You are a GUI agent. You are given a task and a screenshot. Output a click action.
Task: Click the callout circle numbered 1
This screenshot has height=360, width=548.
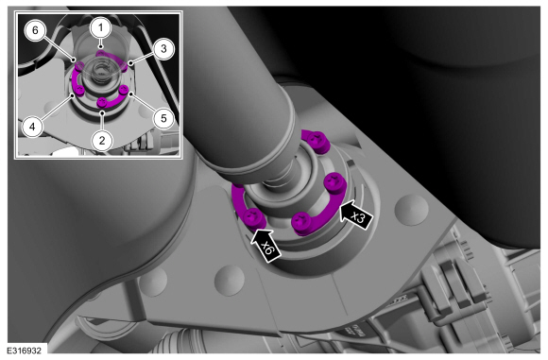tap(101, 27)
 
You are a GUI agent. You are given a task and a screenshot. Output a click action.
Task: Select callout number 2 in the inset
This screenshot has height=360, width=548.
tap(102, 140)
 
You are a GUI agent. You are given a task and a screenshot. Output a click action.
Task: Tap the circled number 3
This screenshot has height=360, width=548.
tap(163, 49)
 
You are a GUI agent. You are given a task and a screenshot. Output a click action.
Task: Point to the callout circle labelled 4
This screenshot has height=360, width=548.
tap(32, 127)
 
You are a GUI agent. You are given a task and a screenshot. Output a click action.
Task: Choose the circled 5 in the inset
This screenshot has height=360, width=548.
tap(163, 118)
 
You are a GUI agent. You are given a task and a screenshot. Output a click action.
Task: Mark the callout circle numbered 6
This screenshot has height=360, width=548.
tap(35, 30)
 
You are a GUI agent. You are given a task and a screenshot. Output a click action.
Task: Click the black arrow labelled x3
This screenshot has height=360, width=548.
tap(357, 214)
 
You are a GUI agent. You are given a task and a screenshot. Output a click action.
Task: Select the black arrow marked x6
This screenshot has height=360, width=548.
tap(265, 245)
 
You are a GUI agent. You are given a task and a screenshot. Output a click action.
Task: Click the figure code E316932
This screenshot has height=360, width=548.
tap(25, 351)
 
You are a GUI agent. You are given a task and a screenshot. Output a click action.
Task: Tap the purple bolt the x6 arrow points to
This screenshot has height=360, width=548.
tap(254, 218)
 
